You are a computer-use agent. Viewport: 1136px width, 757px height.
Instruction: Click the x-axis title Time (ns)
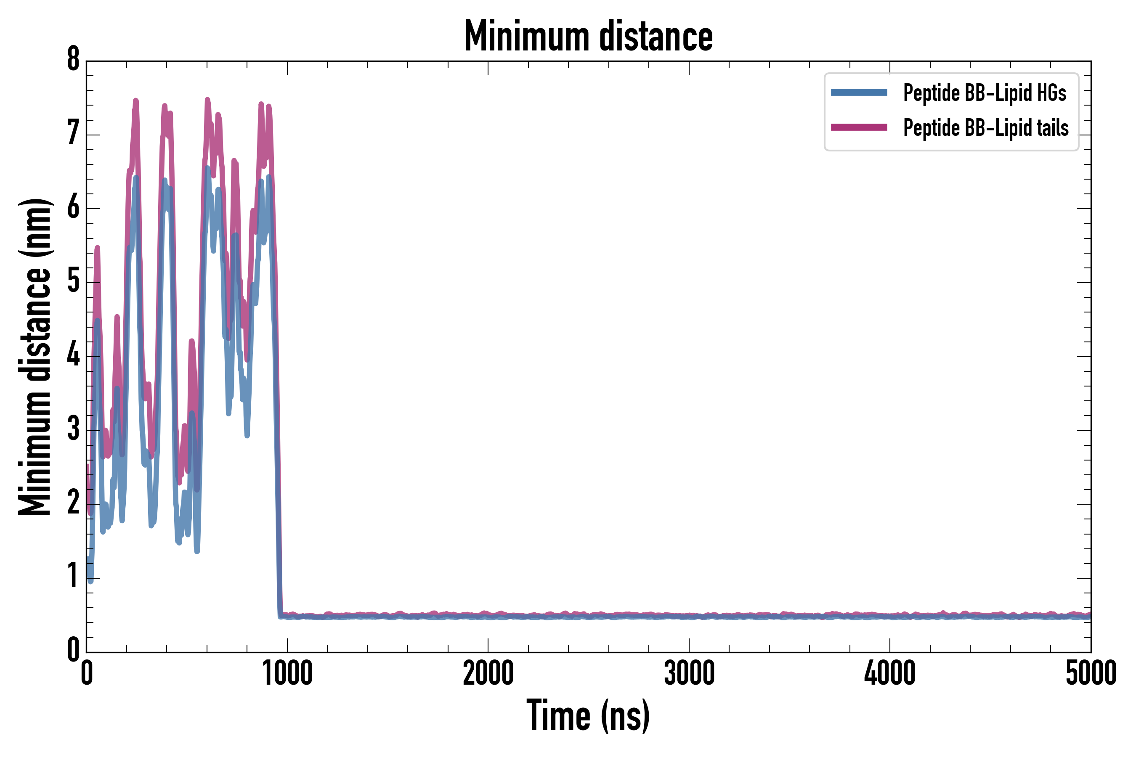click(588, 715)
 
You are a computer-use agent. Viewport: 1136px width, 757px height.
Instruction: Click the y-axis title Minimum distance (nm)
click(35, 357)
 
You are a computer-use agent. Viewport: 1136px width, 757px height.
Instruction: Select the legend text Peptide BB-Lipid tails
click(986, 128)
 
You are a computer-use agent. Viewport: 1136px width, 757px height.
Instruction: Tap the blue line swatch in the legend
click(859, 93)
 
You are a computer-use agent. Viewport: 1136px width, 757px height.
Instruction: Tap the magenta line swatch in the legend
click(859, 127)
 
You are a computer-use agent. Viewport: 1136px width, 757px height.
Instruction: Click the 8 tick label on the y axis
click(73, 60)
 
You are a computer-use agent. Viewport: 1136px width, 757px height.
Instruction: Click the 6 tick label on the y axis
click(73, 208)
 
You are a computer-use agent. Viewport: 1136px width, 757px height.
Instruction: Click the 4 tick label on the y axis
click(73, 355)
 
